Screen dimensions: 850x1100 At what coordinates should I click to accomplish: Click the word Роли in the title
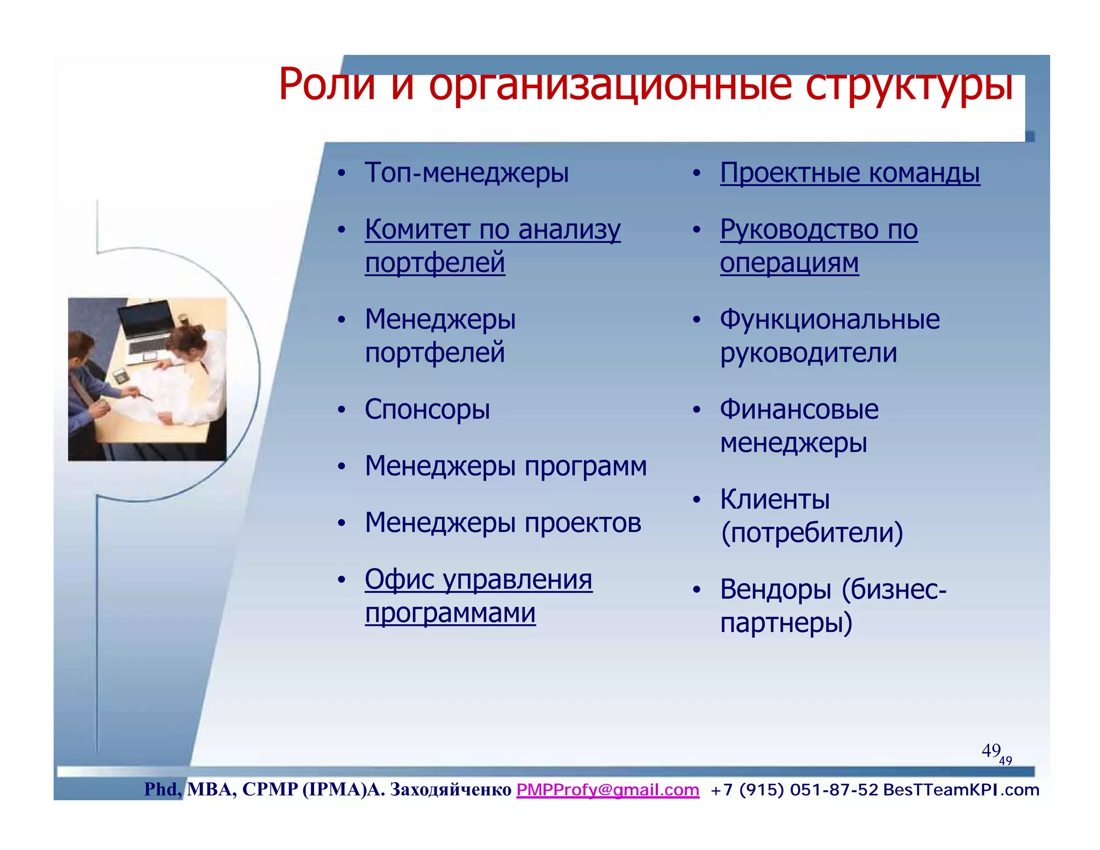(x=327, y=85)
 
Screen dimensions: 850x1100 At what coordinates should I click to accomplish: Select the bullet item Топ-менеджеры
(x=466, y=173)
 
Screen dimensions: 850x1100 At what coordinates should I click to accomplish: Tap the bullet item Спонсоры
(x=427, y=409)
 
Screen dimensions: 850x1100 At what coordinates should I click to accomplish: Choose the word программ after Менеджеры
(x=585, y=466)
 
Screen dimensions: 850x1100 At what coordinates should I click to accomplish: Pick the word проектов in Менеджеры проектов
(x=583, y=523)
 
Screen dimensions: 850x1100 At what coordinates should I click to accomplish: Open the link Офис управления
(x=478, y=580)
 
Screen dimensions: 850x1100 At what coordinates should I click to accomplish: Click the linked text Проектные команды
(x=850, y=173)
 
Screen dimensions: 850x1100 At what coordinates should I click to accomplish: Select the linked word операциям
(x=789, y=263)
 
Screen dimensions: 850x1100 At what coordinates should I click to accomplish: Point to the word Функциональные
(x=830, y=319)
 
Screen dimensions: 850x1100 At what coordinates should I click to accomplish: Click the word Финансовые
(x=799, y=409)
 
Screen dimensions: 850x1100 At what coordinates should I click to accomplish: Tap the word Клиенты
(x=775, y=499)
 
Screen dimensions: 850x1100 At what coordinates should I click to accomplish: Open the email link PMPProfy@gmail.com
(x=607, y=790)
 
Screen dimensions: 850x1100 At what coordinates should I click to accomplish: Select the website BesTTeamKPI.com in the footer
(x=961, y=790)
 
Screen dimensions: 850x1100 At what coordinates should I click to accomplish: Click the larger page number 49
(x=990, y=750)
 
